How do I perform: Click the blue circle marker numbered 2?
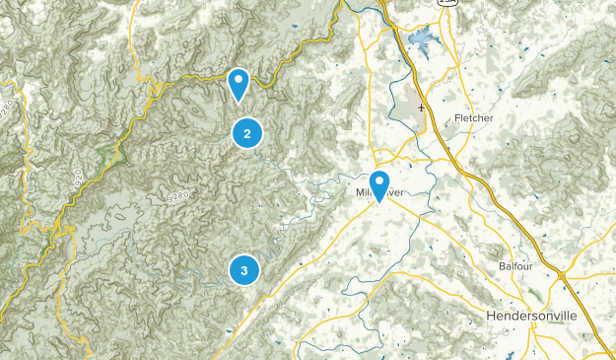tap(247, 133)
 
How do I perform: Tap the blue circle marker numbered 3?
tap(243, 269)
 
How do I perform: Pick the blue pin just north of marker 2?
tap(238, 83)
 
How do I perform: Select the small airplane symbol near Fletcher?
tap(422, 107)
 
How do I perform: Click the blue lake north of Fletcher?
tap(421, 41)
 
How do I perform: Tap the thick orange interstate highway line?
tap(493, 197)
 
